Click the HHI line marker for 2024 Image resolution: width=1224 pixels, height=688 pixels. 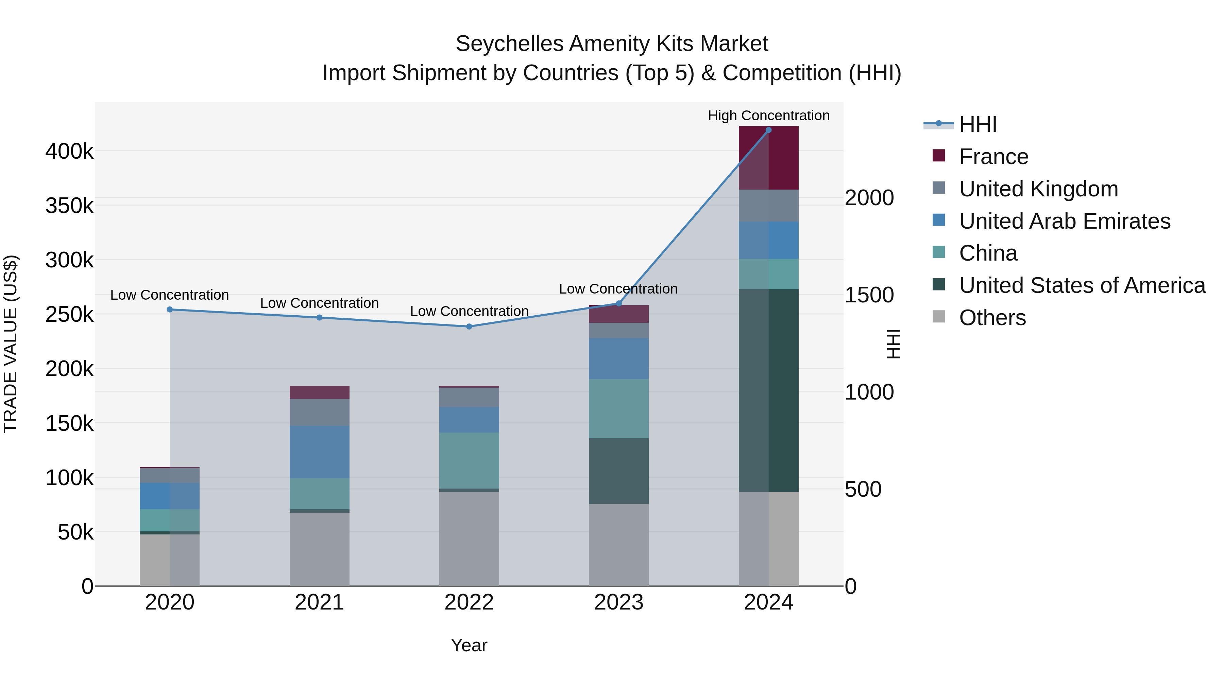tap(768, 130)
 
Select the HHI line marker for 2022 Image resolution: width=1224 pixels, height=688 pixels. tap(469, 327)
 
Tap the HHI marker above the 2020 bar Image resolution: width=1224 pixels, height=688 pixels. tap(170, 310)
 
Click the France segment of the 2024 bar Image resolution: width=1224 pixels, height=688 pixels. tap(768, 158)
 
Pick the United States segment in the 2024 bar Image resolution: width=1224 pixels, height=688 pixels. tap(768, 390)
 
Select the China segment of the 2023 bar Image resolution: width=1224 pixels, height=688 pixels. tap(619, 408)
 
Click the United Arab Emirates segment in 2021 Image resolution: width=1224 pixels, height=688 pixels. tap(319, 452)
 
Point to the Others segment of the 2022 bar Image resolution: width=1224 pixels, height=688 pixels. tap(469, 539)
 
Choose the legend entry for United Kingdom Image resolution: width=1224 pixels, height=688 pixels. tap(1038, 189)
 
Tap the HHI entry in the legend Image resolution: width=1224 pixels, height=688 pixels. tap(978, 124)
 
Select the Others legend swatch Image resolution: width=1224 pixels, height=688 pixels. tap(939, 317)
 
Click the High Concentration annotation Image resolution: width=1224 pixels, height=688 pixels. tap(768, 116)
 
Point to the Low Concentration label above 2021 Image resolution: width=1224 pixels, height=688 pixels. tap(319, 303)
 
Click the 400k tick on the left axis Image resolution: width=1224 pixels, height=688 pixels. tap(69, 152)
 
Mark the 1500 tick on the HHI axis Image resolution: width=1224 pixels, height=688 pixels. tap(869, 295)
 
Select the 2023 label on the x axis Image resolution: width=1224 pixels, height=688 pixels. tap(619, 602)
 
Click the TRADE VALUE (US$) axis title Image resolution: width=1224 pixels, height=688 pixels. tap(11, 344)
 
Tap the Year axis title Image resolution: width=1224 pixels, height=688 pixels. tap(469, 645)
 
